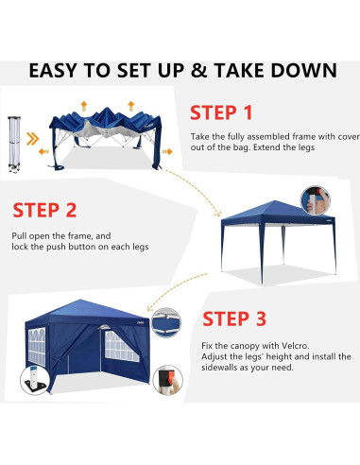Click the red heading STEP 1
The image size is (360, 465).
coord(221,113)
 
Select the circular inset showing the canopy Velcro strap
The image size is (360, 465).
coord(166,322)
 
